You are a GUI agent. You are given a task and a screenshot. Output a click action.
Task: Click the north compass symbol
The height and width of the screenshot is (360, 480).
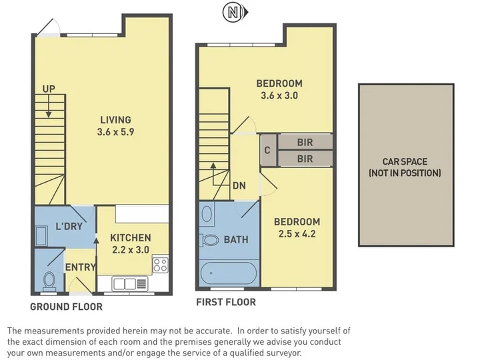235,13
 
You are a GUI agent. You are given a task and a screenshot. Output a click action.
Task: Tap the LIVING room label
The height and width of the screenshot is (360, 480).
116,120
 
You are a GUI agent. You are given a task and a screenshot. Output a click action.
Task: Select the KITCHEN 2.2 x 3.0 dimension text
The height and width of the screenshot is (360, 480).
131,250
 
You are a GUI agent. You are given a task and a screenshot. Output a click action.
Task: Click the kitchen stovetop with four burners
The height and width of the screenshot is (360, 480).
161,265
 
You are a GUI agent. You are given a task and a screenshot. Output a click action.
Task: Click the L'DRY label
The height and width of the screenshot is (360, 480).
69,226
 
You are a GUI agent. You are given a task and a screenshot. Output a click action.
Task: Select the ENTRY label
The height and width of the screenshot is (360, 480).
81,267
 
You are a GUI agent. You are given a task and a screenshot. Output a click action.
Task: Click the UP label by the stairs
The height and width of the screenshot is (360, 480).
49,89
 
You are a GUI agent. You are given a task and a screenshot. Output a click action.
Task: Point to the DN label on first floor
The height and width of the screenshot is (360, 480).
239,185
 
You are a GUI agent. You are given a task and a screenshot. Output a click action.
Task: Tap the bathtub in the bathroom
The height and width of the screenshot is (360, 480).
229,273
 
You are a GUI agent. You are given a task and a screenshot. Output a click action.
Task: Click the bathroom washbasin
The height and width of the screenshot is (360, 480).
207,214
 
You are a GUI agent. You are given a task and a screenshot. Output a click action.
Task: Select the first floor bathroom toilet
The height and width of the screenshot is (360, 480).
209,240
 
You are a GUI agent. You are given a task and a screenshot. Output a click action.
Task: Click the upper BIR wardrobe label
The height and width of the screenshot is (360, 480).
305,143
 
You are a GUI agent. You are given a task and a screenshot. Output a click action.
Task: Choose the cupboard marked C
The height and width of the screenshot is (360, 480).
267,150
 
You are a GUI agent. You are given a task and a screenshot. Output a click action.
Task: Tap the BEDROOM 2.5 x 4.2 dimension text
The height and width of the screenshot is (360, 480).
297,234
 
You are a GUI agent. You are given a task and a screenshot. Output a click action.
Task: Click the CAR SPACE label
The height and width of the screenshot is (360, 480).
405,161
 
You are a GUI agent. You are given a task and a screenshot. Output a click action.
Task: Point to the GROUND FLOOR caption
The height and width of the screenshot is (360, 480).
67,307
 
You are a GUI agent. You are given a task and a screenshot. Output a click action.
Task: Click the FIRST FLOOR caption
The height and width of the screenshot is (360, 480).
226,302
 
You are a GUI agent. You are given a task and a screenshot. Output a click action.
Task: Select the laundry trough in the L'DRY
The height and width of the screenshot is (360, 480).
41,236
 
